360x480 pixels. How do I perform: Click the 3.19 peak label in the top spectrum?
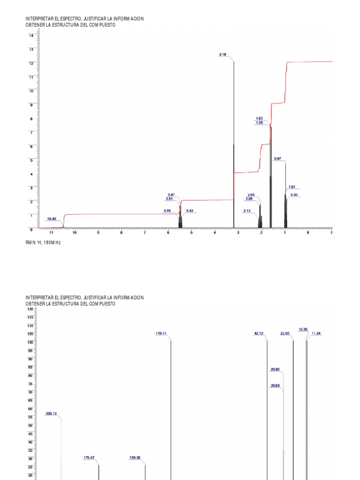coord(222,55)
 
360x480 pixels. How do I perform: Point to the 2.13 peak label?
coord(247,211)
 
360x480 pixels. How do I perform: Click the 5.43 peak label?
coord(190,211)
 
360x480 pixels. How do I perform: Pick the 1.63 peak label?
coord(259,118)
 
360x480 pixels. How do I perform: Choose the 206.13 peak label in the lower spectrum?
coord(51,414)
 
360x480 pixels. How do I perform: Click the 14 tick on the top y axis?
coord(31,36)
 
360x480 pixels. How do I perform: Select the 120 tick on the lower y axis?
coord(30,309)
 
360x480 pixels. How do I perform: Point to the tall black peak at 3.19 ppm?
coord(234,141)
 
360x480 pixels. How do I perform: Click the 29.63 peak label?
coord(275,386)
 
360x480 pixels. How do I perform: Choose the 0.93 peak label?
coord(294,195)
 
